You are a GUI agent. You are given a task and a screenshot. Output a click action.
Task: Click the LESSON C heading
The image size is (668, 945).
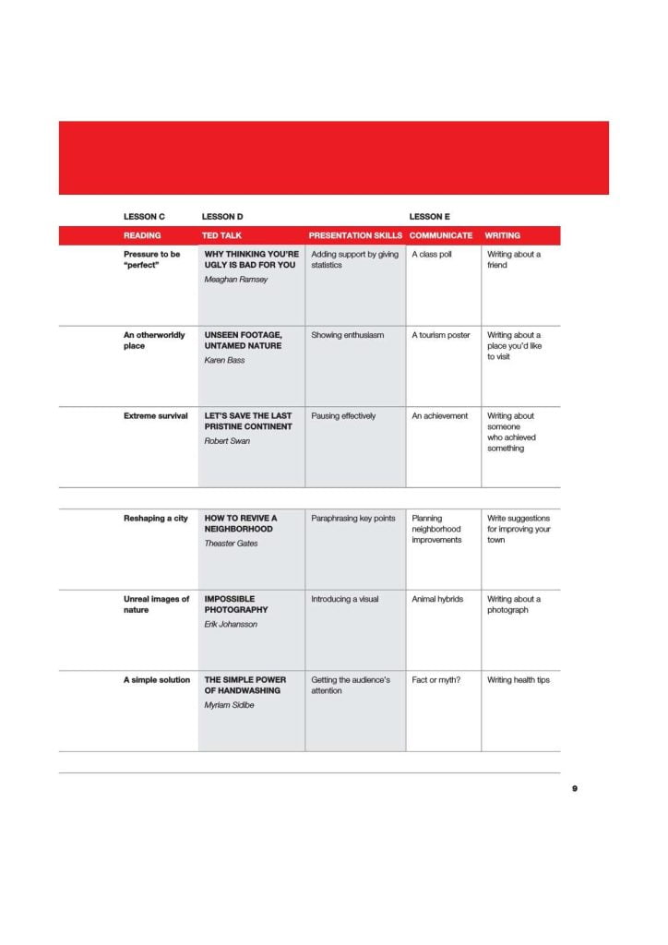click(144, 217)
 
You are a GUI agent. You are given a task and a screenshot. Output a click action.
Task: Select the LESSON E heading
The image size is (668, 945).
click(429, 217)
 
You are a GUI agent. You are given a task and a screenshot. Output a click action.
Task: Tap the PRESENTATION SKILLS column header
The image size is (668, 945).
click(355, 235)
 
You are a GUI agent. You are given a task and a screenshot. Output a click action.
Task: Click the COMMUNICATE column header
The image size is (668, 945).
click(441, 235)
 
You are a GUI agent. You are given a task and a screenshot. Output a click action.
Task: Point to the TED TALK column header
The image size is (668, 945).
click(221, 235)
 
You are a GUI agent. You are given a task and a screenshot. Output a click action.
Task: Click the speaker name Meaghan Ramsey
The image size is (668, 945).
click(235, 280)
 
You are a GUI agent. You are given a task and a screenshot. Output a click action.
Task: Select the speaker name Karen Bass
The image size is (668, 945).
click(224, 360)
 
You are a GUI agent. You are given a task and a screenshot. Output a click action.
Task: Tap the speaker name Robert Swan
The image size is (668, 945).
click(227, 441)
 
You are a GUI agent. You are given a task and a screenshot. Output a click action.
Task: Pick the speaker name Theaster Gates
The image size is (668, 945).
click(231, 544)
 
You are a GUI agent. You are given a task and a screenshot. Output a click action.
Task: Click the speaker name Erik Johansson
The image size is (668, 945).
click(231, 625)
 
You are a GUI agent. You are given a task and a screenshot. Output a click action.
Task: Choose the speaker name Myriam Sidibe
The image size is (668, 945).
click(229, 705)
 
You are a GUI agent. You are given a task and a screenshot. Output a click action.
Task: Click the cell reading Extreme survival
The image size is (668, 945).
click(156, 416)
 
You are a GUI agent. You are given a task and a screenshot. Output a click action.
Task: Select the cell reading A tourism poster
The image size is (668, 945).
click(441, 335)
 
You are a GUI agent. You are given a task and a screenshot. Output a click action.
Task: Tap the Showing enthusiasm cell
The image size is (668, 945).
click(347, 335)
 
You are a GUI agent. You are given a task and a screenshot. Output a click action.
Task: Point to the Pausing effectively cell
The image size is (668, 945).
click(343, 416)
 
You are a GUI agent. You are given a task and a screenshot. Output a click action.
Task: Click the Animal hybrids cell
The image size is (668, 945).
click(437, 599)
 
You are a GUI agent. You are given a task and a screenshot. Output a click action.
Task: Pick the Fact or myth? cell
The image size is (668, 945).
click(436, 680)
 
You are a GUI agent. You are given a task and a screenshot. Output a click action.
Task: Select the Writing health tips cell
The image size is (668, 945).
click(519, 680)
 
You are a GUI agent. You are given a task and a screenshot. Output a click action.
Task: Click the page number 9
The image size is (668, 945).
click(575, 789)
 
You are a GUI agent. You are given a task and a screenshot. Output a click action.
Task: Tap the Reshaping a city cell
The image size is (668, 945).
click(156, 519)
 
